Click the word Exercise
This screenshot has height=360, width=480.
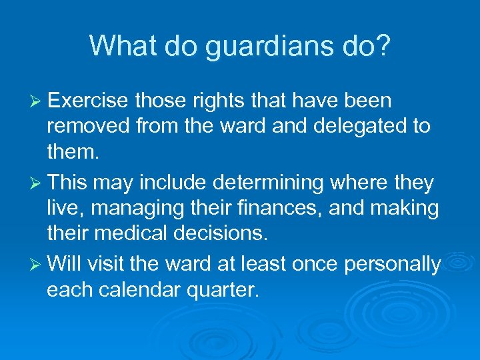click(88, 101)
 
